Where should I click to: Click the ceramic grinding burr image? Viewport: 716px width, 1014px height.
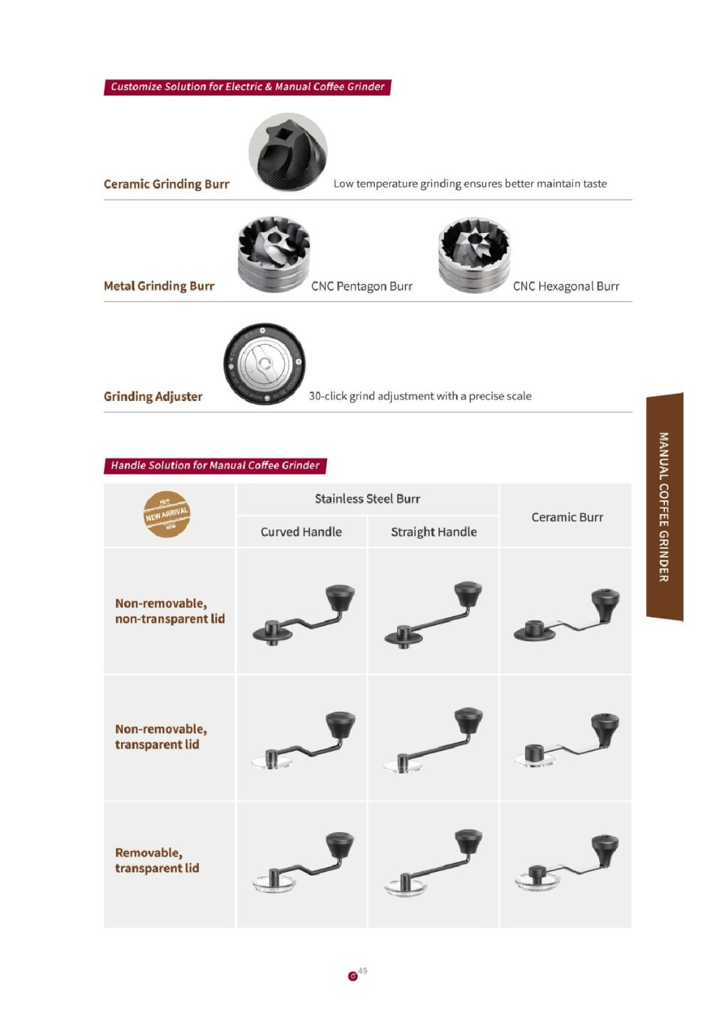[x=287, y=152]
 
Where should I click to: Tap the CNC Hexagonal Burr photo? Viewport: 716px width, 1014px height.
[x=474, y=254]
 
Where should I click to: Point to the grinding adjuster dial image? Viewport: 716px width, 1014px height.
[x=264, y=364]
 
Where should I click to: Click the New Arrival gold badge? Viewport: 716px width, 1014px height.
[x=166, y=514]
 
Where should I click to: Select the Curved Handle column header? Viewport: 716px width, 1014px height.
[x=301, y=532]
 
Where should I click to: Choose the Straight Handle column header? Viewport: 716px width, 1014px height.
[x=434, y=532]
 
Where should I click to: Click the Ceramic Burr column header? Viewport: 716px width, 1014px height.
[x=566, y=517]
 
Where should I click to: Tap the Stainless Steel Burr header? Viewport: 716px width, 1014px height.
[x=367, y=499]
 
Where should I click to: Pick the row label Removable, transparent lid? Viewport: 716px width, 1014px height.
[x=157, y=860]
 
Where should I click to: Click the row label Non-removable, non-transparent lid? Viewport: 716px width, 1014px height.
[x=170, y=611]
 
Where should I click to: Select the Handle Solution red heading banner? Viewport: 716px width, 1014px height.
[x=215, y=465]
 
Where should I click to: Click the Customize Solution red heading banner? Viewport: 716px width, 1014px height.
[x=247, y=87]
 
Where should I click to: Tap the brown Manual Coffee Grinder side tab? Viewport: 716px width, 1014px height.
[x=664, y=507]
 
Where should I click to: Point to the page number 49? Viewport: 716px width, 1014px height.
[x=362, y=971]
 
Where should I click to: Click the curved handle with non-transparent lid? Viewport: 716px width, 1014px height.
[x=303, y=615]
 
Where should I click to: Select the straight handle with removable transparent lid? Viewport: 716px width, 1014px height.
[x=434, y=863]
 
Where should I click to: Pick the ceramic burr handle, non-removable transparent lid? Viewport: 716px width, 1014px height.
[x=566, y=740]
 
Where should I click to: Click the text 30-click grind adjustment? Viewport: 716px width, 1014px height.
[x=420, y=396]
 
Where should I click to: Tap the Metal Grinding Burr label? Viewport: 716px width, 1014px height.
[x=159, y=286]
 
